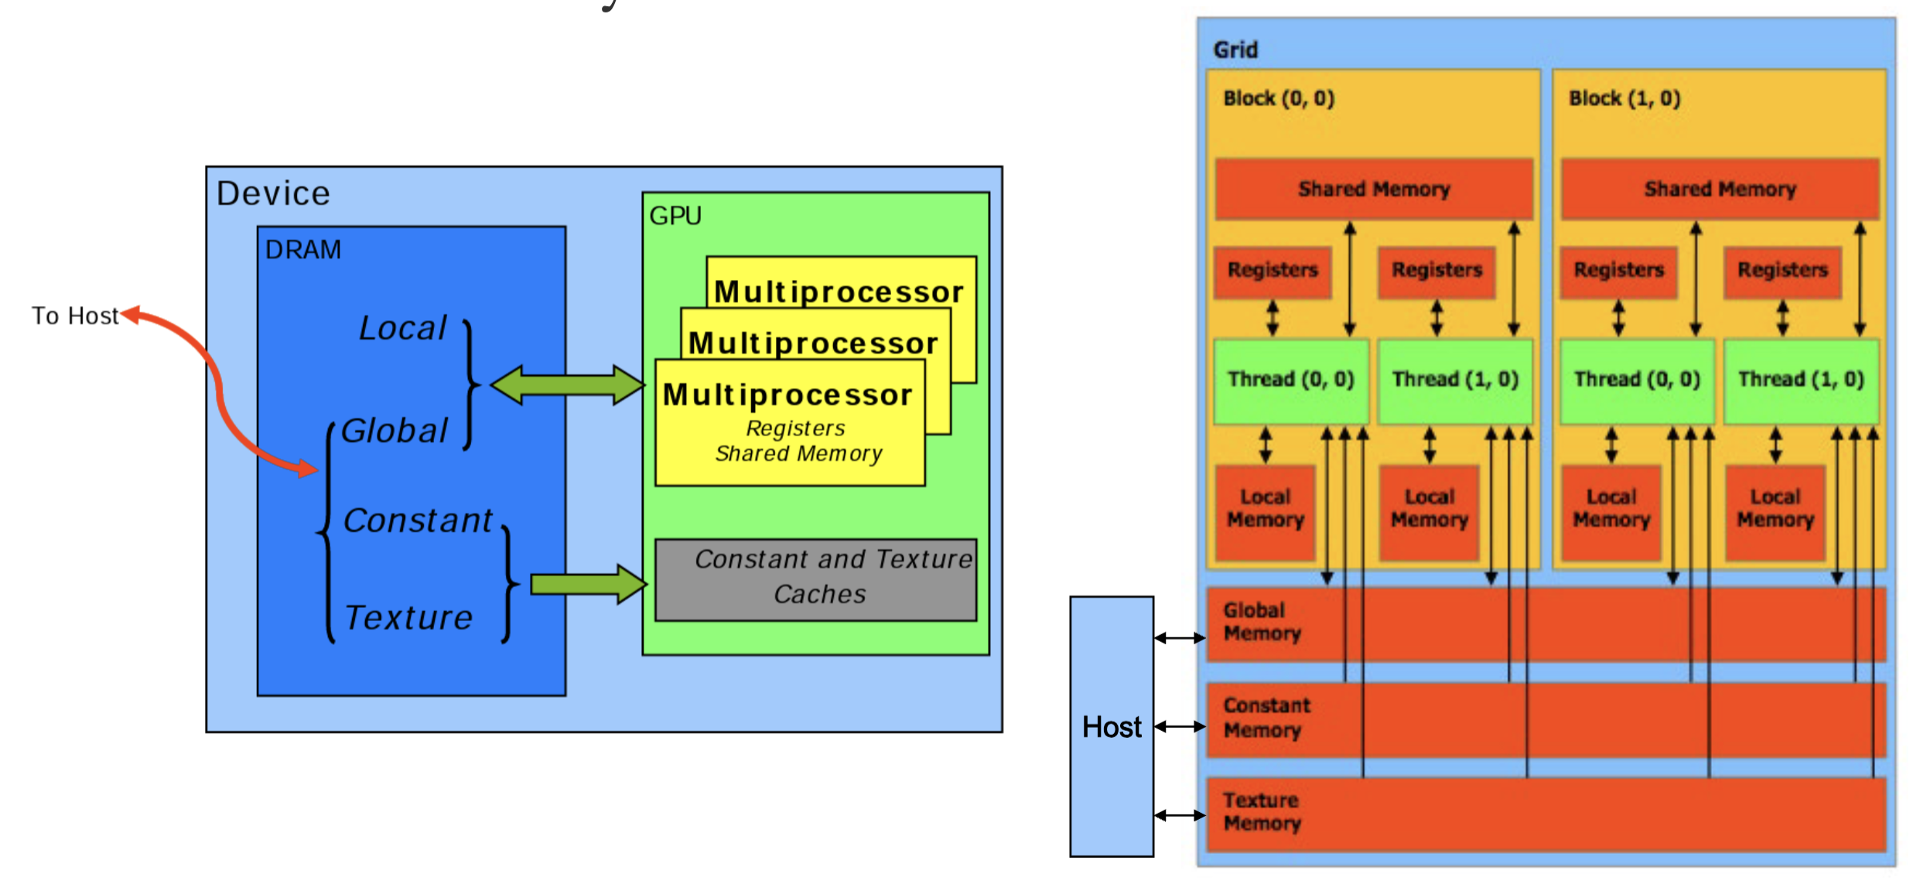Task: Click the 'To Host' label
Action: tap(75, 316)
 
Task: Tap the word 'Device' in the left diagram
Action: tap(273, 193)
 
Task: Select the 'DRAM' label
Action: tap(302, 250)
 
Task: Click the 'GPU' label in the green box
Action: tap(675, 216)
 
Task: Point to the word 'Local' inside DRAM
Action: tap(403, 328)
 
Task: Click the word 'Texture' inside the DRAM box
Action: tap(408, 617)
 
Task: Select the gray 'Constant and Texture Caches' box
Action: tap(815, 579)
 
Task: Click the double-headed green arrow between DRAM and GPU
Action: tap(567, 384)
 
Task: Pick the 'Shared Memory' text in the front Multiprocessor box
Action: tap(798, 453)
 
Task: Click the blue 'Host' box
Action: tap(1112, 726)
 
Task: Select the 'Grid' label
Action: tap(1235, 50)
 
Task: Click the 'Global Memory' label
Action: tap(1262, 622)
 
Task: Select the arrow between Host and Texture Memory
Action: tap(1180, 815)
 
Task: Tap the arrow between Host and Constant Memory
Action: tap(1180, 726)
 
